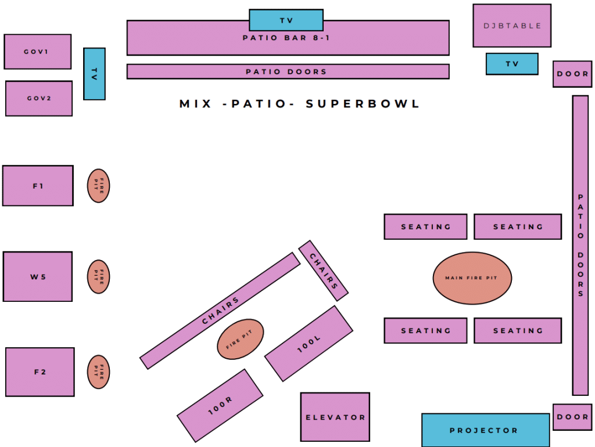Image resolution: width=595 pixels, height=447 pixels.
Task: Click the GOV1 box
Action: tap(38, 52)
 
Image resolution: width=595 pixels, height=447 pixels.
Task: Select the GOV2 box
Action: tap(39, 98)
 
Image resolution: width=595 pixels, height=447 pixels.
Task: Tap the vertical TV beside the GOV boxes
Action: tap(94, 74)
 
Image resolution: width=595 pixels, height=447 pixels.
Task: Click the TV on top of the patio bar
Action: tap(286, 20)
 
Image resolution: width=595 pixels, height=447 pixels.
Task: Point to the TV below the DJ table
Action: tap(512, 64)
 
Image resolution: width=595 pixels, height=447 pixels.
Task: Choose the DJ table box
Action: tap(512, 26)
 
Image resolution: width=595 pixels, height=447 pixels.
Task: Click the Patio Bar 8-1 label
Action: tap(288, 38)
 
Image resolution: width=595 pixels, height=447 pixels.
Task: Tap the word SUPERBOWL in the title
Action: tap(363, 104)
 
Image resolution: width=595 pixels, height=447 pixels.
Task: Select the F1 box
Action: tap(38, 186)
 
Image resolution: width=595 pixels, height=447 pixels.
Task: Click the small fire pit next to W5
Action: tap(99, 276)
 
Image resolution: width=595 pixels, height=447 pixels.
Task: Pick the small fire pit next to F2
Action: tap(99, 372)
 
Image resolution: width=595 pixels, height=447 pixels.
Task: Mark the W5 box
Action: tap(38, 276)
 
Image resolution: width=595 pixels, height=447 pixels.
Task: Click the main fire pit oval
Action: tap(472, 278)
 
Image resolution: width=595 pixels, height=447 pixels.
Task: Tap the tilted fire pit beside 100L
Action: tap(241, 339)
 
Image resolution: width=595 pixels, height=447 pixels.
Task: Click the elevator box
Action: tap(335, 417)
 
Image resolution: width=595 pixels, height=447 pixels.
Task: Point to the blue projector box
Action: tap(485, 430)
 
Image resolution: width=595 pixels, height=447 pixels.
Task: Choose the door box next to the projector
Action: tap(572, 417)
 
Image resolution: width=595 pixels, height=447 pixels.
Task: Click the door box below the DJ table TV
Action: tap(572, 74)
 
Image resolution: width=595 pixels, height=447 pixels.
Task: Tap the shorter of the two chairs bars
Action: tap(323, 271)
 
